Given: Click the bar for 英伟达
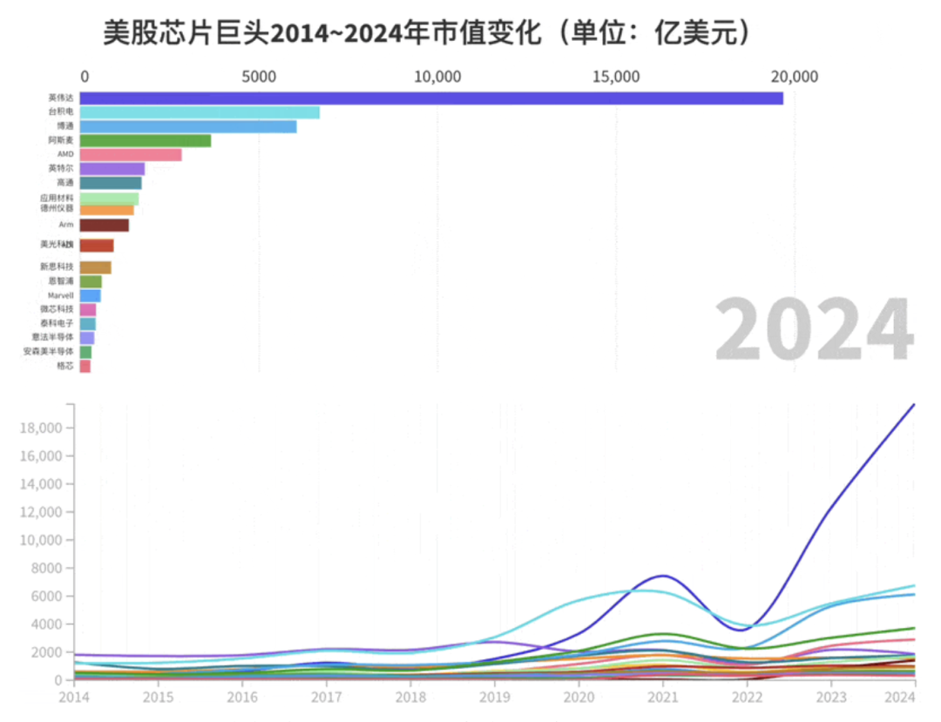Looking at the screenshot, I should tap(431, 98).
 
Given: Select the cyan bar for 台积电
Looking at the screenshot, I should tap(200, 112).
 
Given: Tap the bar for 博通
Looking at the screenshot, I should tap(188, 126).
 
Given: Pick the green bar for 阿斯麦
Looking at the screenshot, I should tap(146, 140).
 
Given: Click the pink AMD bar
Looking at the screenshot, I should tap(131, 155).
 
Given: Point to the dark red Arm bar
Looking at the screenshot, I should tap(104, 226).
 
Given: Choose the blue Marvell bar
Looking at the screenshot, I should tap(90, 296).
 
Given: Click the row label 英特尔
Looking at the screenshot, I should tap(61, 168).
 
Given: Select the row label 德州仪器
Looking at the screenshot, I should tap(57, 209).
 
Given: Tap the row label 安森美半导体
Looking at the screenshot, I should tap(48, 351).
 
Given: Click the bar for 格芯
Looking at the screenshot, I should tap(85, 367).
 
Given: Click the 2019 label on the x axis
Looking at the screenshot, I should tap(494, 698).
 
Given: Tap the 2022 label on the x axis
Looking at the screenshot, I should tap(747, 698).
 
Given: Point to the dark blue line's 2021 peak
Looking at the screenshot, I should tap(663, 576).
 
